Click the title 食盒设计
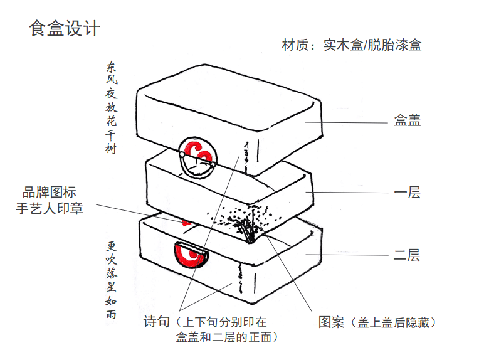click(65, 28)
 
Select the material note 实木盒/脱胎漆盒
click(372, 45)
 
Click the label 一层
click(407, 193)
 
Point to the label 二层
click(407, 255)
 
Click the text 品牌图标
click(50, 193)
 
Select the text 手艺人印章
click(50, 208)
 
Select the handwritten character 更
click(112, 246)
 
